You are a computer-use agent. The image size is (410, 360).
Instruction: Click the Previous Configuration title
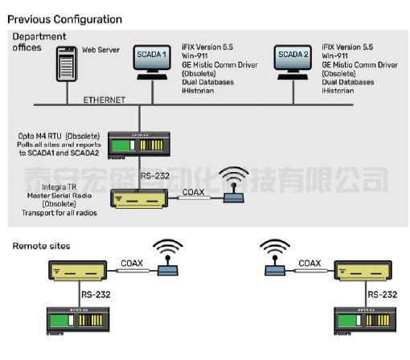pos(64,18)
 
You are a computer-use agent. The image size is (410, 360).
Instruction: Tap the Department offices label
pos(39,42)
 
